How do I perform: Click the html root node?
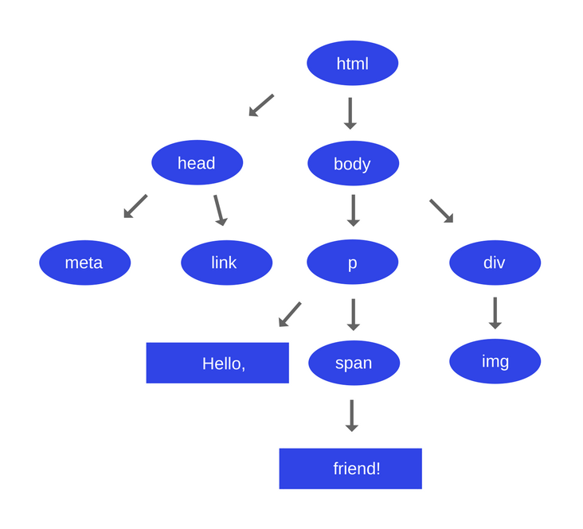[352, 63]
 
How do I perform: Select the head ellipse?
[197, 162]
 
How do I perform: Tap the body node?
[353, 163]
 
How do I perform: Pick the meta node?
[84, 263]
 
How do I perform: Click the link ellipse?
[226, 263]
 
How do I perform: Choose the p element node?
[352, 263]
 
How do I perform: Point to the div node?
[495, 263]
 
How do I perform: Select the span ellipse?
[354, 363]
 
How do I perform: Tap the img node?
[495, 361]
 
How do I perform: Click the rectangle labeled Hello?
[217, 363]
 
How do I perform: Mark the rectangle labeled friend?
[350, 469]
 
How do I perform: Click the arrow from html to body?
[350, 113]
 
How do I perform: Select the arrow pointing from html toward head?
[261, 105]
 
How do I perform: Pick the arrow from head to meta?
[135, 206]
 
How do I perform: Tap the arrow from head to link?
[220, 210]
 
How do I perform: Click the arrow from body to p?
[353, 211]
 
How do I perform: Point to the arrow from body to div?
[441, 211]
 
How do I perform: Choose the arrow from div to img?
[495, 313]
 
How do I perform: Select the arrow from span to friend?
[351, 415]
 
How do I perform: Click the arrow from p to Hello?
[290, 314]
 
